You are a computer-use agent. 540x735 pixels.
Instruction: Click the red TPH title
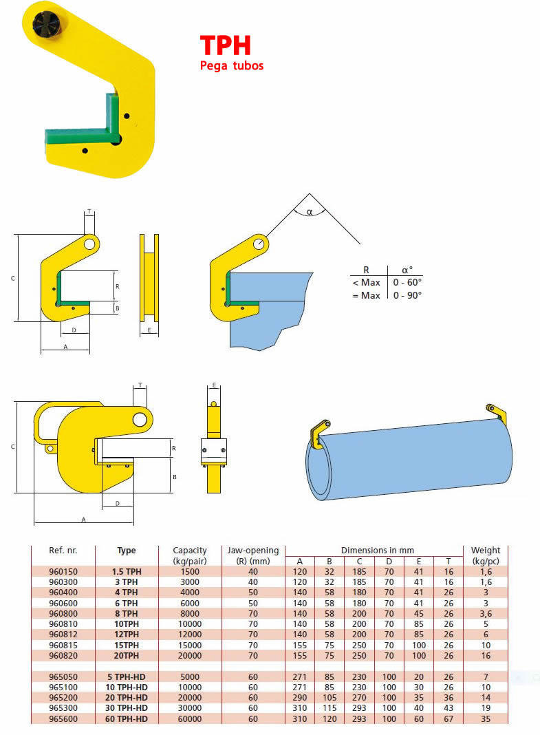pyautogui.click(x=225, y=46)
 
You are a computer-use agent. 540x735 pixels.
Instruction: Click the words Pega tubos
pyautogui.click(x=232, y=65)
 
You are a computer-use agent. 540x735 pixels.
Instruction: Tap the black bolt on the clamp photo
pyautogui.click(x=45, y=23)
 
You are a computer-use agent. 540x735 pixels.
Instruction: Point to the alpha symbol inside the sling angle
pyautogui.click(x=310, y=213)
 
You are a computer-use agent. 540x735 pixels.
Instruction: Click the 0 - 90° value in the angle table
pyautogui.click(x=407, y=295)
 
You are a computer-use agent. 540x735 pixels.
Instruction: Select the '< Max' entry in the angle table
pyautogui.click(x=366, y=282)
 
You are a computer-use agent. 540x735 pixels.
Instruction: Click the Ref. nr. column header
pyautogui.click(x=63, y=551)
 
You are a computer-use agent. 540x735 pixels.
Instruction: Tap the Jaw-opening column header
pyautogui.click(x=253, y=551)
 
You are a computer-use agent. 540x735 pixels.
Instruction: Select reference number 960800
pyautogui.click(x=63, y=614)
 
